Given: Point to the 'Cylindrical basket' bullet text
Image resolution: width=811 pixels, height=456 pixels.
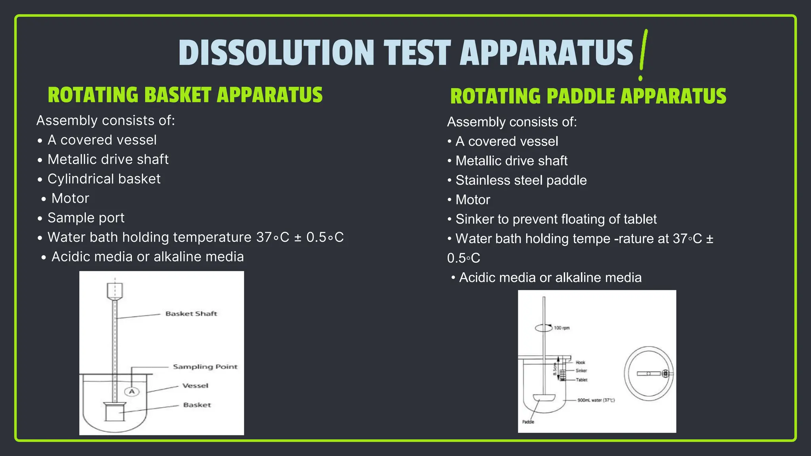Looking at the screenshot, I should click(x=104, y=179).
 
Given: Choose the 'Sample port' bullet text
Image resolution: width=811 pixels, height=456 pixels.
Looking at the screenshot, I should click(x=86, y=218).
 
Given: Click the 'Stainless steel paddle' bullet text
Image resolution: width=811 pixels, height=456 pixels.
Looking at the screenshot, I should click(x=521, y=180).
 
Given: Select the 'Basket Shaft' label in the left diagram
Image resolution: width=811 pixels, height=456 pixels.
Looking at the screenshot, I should click(x=191, y=313).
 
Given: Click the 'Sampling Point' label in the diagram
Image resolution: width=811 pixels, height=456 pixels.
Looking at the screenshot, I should click(x=205, y=367).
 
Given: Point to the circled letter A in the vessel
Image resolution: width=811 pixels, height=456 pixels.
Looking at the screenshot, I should click(x=132, y=391).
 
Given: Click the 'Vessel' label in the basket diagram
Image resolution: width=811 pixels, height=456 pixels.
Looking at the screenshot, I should click(x=195, y=386).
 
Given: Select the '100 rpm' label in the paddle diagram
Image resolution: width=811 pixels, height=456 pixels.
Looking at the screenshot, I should click(x=561, y=328).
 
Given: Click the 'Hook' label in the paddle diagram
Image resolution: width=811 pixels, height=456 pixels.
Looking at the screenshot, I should click(x=580, y=362).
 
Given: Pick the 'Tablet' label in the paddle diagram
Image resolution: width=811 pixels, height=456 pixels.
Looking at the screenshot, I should click(x=581, y=380).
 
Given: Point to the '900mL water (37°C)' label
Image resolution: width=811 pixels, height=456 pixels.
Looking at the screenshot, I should click(x=596, y=400).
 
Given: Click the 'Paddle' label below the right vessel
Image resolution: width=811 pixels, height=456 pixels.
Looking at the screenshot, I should click(x=528, y=422).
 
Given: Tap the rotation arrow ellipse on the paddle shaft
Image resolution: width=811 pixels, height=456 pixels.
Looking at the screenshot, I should click(x=543, y=328).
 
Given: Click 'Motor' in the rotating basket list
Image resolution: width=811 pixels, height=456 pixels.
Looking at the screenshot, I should click(x=70, y=198).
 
